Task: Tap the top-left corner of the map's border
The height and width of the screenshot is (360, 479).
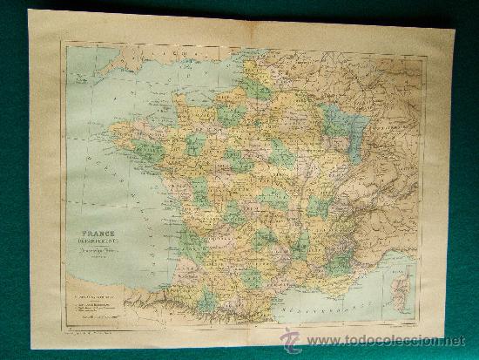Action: [x=66, y=46]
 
